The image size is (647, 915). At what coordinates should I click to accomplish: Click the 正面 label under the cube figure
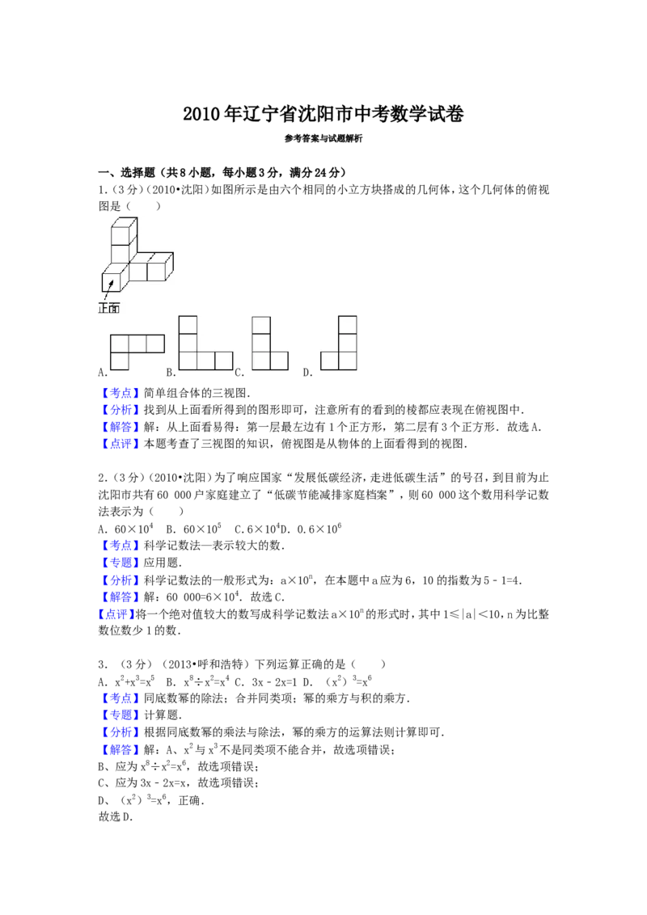108,307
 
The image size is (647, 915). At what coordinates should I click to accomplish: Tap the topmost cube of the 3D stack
121,227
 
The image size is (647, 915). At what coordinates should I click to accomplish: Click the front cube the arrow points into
110,280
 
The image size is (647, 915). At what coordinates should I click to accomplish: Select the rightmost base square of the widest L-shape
224,360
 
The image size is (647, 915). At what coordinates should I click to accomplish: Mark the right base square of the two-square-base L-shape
280,360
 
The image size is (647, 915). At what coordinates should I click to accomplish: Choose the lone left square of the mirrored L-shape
330,360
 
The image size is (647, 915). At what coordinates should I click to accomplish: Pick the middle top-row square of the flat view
137,344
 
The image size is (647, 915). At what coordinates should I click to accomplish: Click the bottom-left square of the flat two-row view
120,361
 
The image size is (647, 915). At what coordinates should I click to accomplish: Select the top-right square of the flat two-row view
155,344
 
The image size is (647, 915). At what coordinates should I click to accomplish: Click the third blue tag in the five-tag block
121,580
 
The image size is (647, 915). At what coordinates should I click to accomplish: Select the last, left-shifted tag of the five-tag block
116,615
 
